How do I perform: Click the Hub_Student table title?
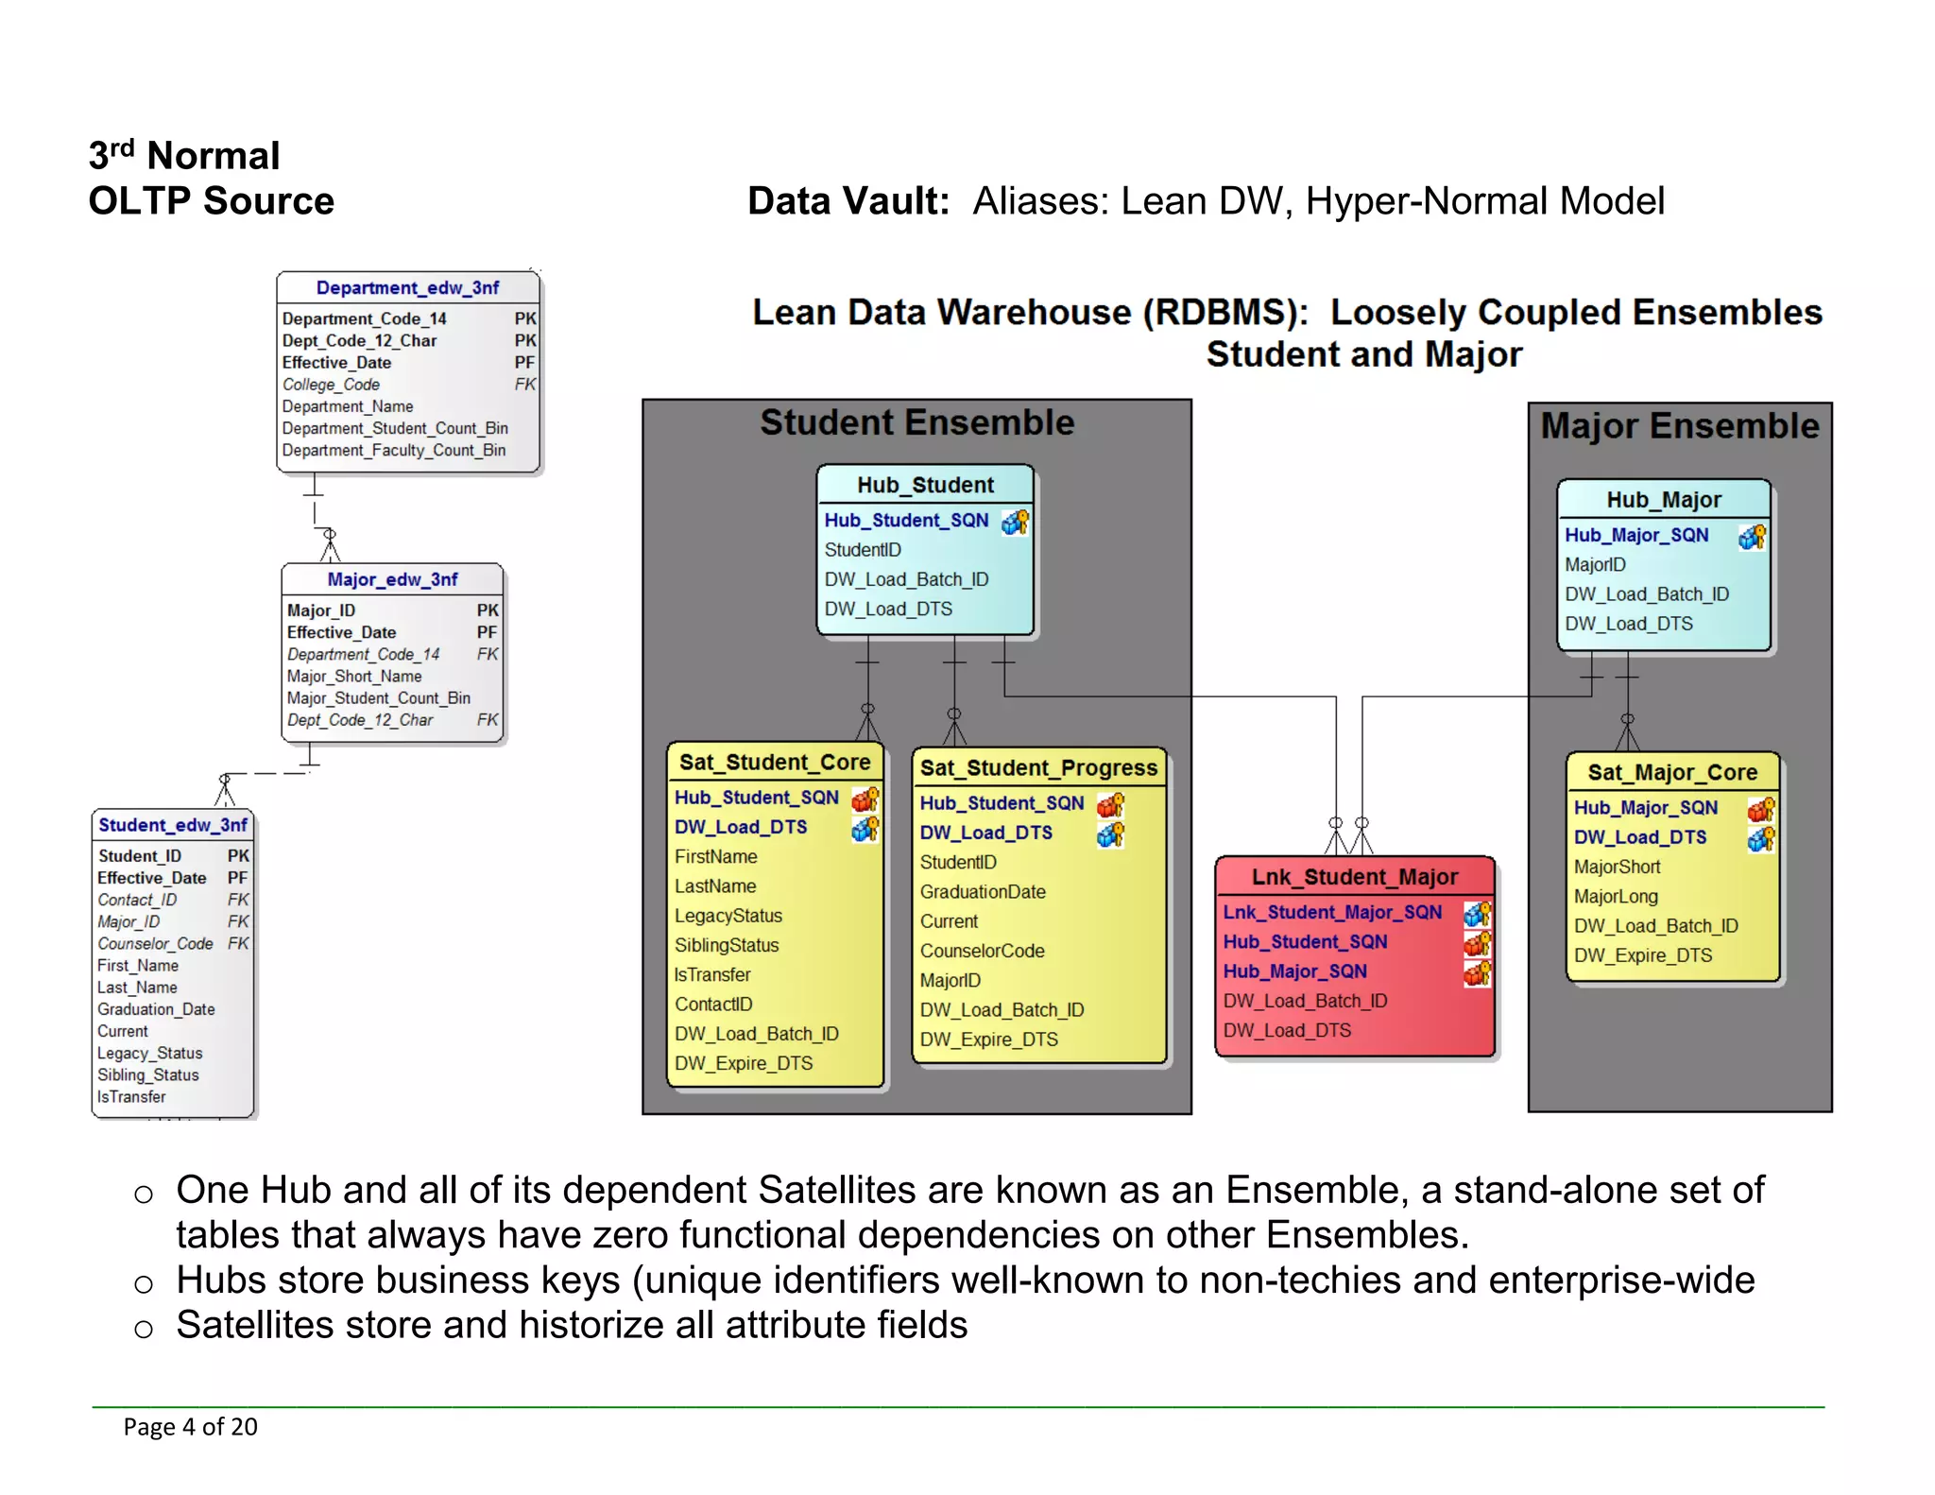[x=925, y=485]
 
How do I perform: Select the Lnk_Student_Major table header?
[x=1354, y=877]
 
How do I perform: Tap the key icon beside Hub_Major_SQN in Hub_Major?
[x=1752, y=536]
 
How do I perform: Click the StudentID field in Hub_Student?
[x=863, y=550]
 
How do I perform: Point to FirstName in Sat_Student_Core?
[x=715, y=857]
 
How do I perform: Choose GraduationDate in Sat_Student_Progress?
[x=983, y=892]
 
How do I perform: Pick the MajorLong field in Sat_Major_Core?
[x=1616, y=896]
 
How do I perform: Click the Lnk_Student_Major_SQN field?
[x=1332, y=912]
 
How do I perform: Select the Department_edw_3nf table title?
[x=407, y=287]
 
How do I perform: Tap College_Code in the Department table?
[x=331, y=385]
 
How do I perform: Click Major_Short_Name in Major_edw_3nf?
[x=354, y=677]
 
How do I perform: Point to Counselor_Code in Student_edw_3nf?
[x=155, y=944]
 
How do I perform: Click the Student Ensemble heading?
[x=916, y=422]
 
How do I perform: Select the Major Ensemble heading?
[x=1679, y=426]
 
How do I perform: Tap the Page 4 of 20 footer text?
[x=190, y=1427]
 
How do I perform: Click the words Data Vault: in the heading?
[x=848, y=201]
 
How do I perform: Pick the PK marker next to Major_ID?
[x=488, y=610]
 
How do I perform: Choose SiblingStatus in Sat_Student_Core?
[x=727, y=945]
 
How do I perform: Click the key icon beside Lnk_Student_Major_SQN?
[x=1477, y=913]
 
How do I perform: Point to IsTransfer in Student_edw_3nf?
[x=131, y=1097]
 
